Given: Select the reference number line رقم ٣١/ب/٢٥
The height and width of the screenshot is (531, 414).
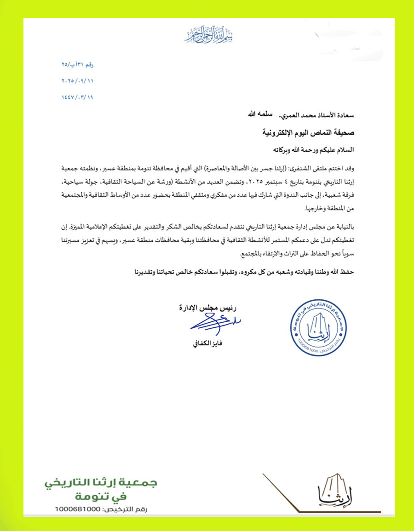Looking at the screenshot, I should point(77,65).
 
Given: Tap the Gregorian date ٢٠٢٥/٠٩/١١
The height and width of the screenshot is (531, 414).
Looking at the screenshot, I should point(77,81).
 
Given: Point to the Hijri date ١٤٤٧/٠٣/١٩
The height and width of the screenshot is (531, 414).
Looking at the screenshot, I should point(77,97).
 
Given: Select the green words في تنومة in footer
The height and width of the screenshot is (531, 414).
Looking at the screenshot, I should point(101,497).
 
